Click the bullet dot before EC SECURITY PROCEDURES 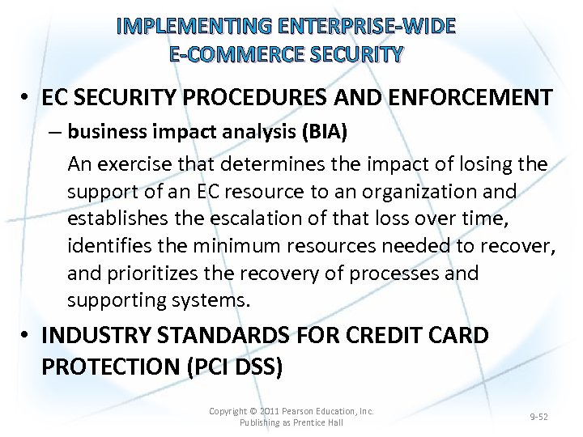click(28, 99)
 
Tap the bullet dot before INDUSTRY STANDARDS click(28, 335)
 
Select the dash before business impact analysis click(57, 131)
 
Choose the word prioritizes click(152, 274)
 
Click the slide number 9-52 click(538, 417)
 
